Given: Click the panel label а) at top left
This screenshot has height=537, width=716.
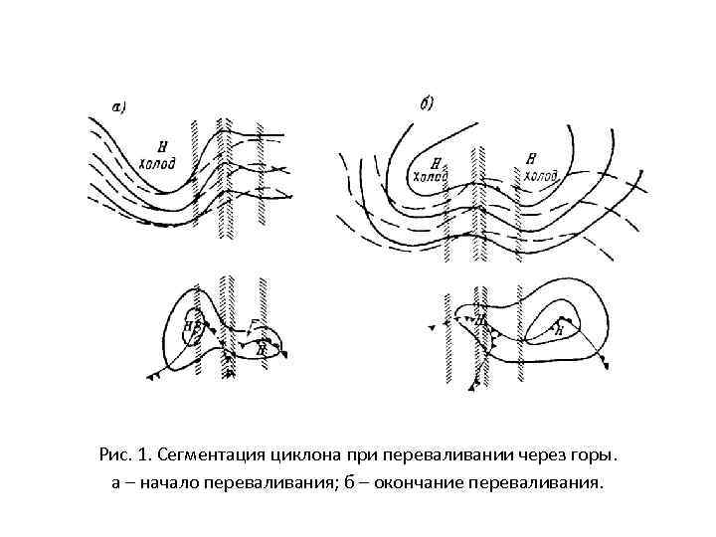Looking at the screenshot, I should pos(115,106).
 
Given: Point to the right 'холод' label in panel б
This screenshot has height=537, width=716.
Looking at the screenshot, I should pos(540,176).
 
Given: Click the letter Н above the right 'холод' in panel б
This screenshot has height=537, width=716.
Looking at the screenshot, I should pos(532,158).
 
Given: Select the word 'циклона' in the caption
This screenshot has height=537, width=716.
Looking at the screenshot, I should pos(304,456).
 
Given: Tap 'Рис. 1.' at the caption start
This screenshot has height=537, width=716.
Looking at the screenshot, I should pos(125,456).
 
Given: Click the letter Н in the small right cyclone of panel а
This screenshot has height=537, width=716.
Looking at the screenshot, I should pos(261,349).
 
